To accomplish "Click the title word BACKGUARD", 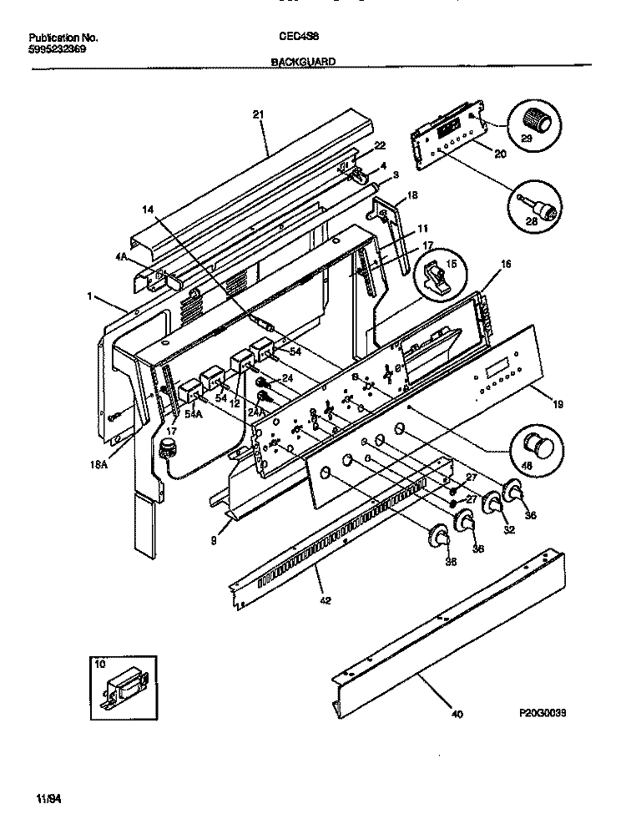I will pyautogui.click(x=303, y=61).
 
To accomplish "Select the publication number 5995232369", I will pyautogui.click(x=58, y=49).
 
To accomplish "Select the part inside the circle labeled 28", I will pyautogui.click(x=542, y=207).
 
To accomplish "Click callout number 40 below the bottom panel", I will pyautogui.click(x=455, y=715).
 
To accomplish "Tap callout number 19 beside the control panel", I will pyautogui.click(x=558, y=404).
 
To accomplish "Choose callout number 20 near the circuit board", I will pyautogui.click(x=500, y=153).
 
